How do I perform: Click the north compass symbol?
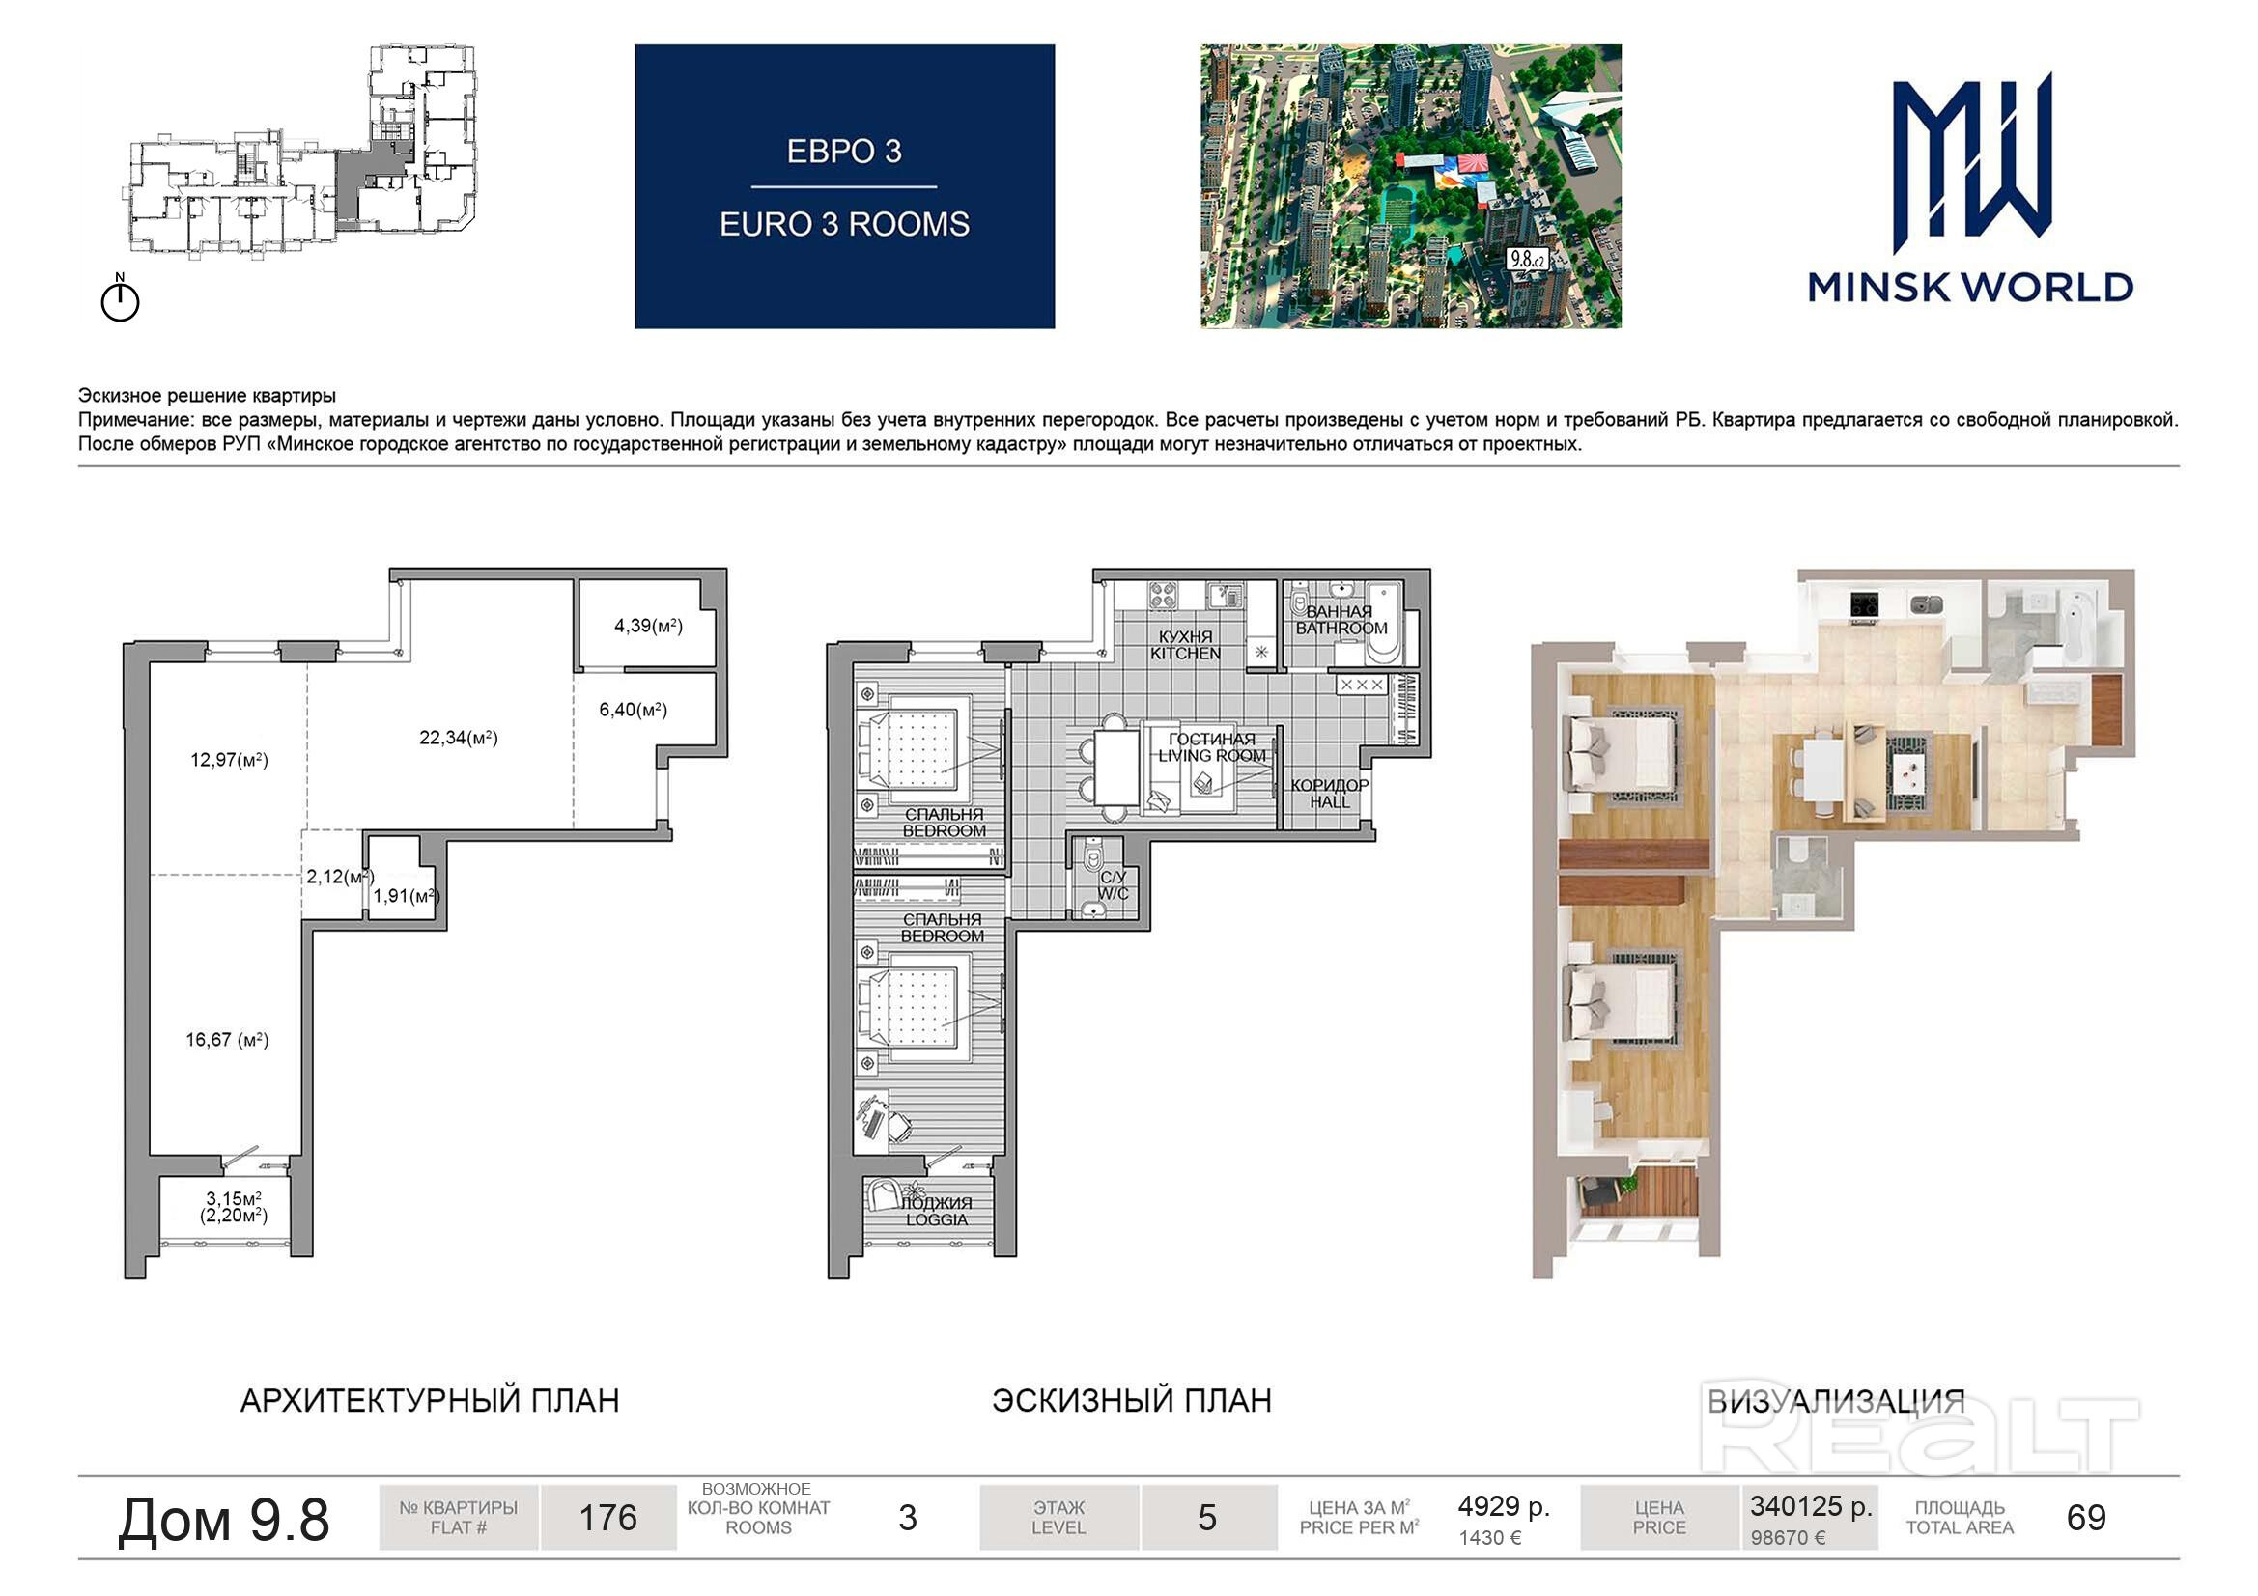(x=120, y=297)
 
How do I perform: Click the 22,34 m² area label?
(x=459, y=738)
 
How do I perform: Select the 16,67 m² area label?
(x=227, y=1040)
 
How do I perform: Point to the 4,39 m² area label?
(x=648, y=626)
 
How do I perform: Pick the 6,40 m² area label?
(x=634, y=710)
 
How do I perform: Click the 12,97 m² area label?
(x=229, y=759)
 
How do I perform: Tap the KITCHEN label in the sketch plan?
(x=1185, y=654)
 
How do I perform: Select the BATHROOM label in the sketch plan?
(x=1341, y=629)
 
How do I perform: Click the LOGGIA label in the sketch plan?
(x=936, y=1219)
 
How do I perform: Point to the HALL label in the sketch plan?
(x=1330, y=802)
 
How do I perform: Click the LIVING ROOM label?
(x=1212, y=756)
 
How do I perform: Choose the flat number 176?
(x=607, y=1519)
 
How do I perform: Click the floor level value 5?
(x=1206, y=1519)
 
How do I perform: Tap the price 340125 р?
(x=1811, y=1505)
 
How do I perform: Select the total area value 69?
(x=2086, y=1519)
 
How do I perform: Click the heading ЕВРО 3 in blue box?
(x=844, y=152)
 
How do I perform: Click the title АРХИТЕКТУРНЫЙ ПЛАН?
(x=430, y=1400)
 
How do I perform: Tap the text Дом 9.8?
(x=223, y=1521)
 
